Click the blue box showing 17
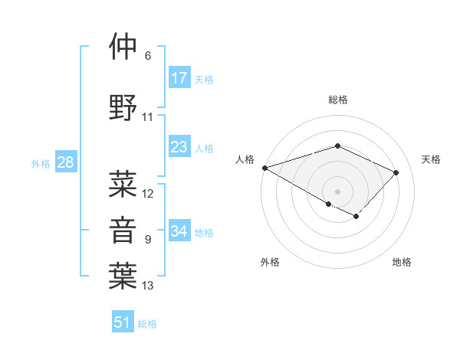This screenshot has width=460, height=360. click(x=179, y=78)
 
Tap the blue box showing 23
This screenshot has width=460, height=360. click(x=179, y=147)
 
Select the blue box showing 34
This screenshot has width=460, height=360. click(x=179, y=231)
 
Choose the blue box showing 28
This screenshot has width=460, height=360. click(x=64, y=162)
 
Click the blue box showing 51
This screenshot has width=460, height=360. click(x=123, y=322)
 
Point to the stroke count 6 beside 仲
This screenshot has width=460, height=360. click(x=148, y=56)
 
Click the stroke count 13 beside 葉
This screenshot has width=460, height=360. click(x=148, y=286)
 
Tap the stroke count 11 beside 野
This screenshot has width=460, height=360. click(x=148, y=117)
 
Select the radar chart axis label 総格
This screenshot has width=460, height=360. click(x=337, y=100)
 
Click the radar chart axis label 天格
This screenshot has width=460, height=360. click(x=432, y=159)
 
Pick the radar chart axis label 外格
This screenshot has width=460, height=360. click(x=270, y=262)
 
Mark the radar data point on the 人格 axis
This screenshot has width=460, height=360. click(x=264, y=168)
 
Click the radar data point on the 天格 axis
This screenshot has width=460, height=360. click(x=396, y=172)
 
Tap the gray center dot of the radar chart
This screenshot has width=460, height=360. click(x=337, y=191)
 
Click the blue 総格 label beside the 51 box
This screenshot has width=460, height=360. click(x=147, y=324)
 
